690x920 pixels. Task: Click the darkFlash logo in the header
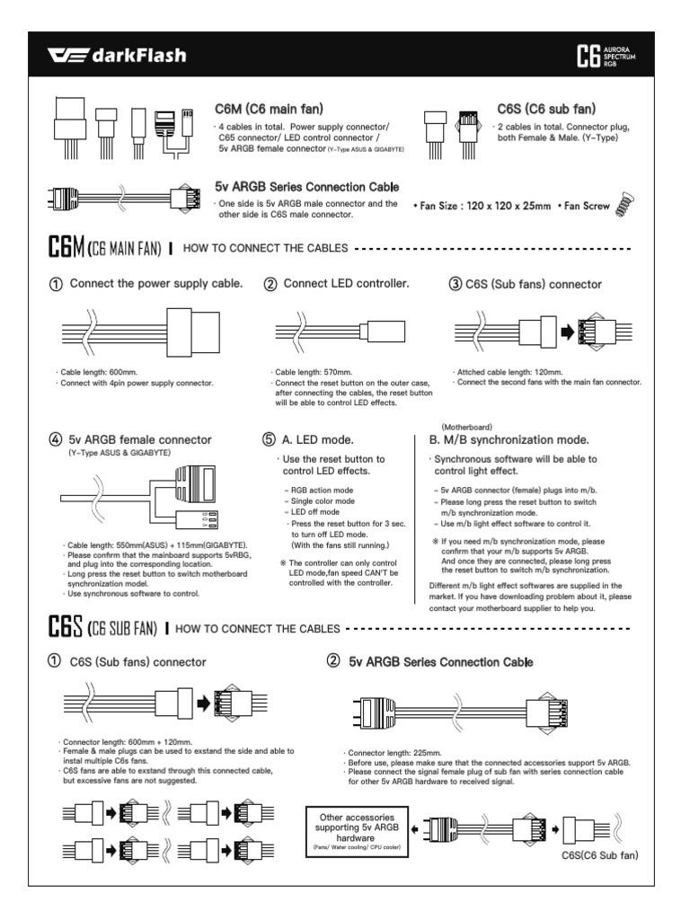tap(117, 57)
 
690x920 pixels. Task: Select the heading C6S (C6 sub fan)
tap(545, 109)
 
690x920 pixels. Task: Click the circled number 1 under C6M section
tap(56, 285)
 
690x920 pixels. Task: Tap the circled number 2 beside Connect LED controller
tap(270, 285)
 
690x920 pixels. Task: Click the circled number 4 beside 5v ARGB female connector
tap(56, 440)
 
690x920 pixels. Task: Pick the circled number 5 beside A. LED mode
tap(268, 440)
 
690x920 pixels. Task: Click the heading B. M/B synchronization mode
tap(509, 440)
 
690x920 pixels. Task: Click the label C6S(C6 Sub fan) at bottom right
tap(599, 855)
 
